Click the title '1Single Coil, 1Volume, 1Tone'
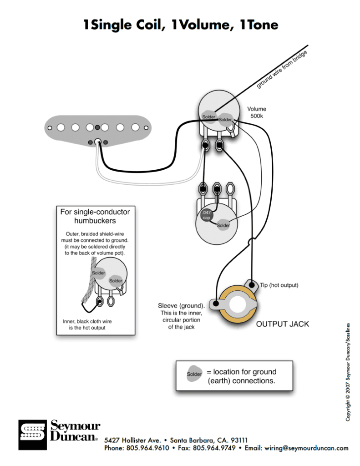point(180,25)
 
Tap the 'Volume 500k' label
point(257,112)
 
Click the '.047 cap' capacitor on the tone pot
point(206,215)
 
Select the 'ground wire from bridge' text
point(282,69)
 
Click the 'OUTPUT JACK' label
point(282,324)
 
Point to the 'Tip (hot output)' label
point(279,285)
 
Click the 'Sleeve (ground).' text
point(181,306)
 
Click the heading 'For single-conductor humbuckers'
point(95,216)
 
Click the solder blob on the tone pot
point(223,225)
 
